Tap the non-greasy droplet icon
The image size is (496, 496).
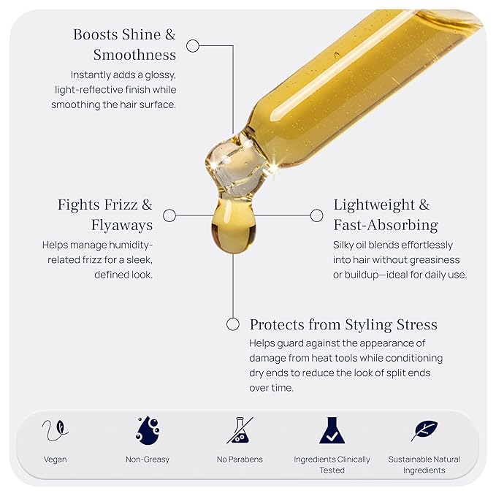[x=148, y=430]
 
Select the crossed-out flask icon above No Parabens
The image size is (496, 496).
[x=240, y=430]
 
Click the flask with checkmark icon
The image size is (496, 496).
[x=332, y=430]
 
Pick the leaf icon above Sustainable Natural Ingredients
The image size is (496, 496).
[x=425, y=430]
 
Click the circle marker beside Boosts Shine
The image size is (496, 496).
[x=193, y=46]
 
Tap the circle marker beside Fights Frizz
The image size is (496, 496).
[x=169, y=215]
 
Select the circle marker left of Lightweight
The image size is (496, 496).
[x=316, y=215]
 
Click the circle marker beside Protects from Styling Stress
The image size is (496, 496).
[x=233, y=324]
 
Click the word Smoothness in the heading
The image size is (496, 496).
[x=134, y=55]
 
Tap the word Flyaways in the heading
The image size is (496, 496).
[x=122, y=225]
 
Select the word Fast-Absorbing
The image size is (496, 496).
[x=386, y=225]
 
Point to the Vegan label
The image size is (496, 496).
[x=56, y=459]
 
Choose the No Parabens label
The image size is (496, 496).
[x=240, y=459]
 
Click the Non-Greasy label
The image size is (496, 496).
[x=148, y=459]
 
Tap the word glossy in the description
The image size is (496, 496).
[x=161, y=75]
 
